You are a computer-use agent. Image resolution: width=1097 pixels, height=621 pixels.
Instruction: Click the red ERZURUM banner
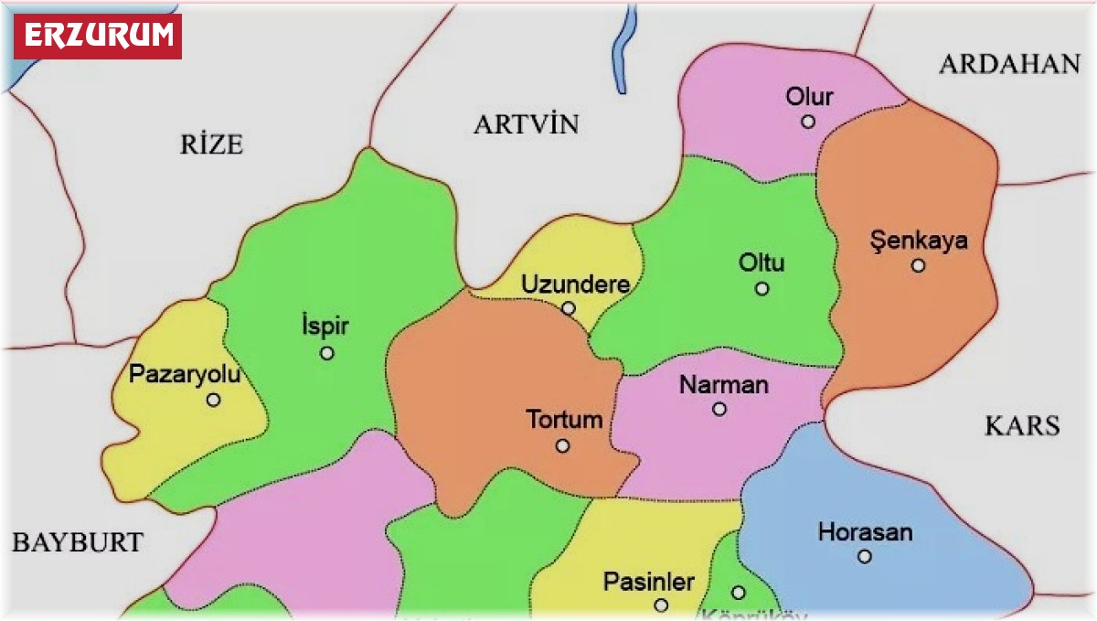click(x=97, y=36)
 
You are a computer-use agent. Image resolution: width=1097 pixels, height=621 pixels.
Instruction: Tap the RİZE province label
click(x=211, y=144)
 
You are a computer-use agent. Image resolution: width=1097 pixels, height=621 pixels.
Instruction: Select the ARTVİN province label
click(x=526, y=125)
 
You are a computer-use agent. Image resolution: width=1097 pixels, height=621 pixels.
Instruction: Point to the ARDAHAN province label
click(x=1009, y=64)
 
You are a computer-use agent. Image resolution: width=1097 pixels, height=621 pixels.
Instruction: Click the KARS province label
click(x=1022, y=425)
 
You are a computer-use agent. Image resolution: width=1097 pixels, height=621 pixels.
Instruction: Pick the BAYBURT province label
click(x=77, y=542)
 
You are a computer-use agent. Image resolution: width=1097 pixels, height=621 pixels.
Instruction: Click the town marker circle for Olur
click(x=808, y=122)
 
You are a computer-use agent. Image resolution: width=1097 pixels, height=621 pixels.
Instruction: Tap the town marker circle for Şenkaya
click(x=918, y=266)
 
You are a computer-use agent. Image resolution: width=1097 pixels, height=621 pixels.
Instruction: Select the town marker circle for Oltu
click(x=762, y=289)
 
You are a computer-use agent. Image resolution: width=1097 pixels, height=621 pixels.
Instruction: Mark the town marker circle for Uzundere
click(x=569, y=308)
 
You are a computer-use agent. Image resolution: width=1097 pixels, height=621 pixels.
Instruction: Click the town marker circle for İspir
click(x=326, y=353)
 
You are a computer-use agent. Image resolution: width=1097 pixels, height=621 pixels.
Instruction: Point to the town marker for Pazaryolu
click(x=213, y=400)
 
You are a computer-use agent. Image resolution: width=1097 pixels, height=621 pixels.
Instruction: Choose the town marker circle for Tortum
click(x=562, y=446)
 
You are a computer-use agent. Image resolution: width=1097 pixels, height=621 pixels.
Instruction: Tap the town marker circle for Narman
click(x=719, y=409)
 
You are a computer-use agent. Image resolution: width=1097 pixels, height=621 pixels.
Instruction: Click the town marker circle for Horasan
click(x=864, y=556)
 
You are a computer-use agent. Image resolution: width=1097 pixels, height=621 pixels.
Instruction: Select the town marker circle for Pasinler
click(x=661, y=605)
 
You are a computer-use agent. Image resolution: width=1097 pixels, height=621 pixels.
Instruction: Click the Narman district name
click(x=723, y=385)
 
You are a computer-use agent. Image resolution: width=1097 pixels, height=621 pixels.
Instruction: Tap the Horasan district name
click(x=865, y=532)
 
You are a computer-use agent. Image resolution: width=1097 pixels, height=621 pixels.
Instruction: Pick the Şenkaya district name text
click(x=918, y=242)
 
